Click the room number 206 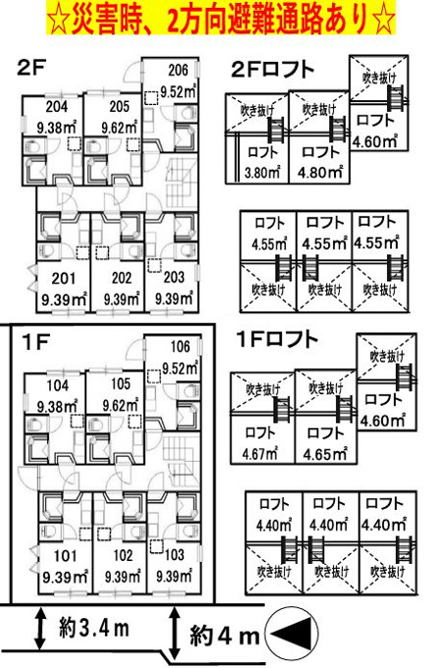[178, 70]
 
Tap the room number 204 [57, 106]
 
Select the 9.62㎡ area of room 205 [120, 127]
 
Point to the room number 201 [64, 279]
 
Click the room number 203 [174, 278]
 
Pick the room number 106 [180, 347]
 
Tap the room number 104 [58, 385]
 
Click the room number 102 [124, 556]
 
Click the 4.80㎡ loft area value [320, 172]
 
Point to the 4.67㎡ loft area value [260, 454]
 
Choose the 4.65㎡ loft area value [325, 454]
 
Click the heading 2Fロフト [273, 70]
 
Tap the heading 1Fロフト [277, 340]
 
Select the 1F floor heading [36, 342]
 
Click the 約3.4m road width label [94, 629]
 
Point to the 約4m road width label [224, 637]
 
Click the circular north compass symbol [292, 635]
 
